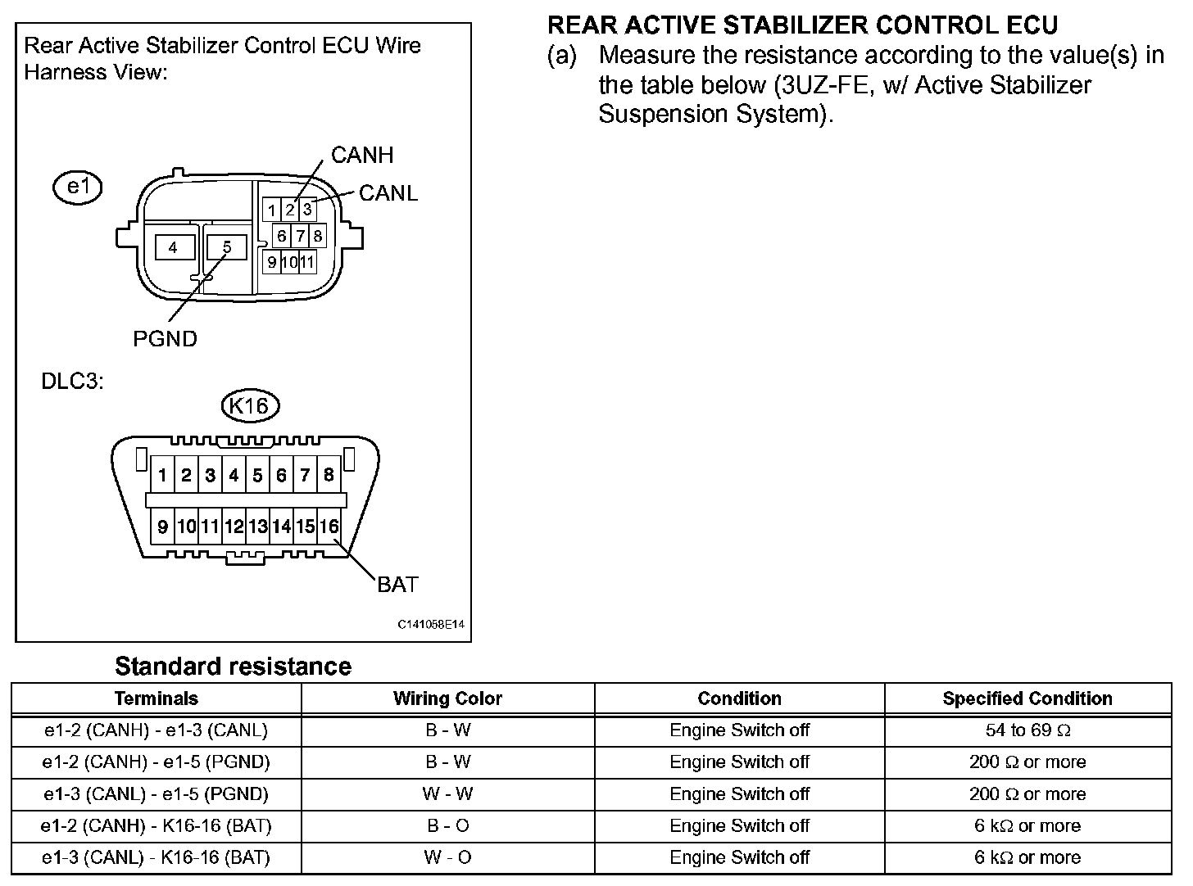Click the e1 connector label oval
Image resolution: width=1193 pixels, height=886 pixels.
77,188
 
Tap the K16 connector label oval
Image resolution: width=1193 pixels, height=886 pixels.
250,405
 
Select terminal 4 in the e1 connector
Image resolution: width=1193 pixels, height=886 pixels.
173,247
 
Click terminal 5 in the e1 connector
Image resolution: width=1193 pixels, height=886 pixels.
227,247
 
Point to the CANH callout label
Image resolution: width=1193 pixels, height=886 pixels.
362,155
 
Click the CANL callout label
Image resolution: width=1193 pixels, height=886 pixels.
388,193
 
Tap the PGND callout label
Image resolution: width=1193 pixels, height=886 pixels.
165,338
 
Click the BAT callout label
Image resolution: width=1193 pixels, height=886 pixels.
397,584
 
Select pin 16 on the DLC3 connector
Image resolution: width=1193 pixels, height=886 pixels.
329,527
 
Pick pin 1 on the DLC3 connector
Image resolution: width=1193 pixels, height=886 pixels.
163,475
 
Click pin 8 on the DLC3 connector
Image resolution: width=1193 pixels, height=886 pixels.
329,475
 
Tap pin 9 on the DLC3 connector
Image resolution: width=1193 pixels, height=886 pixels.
162,527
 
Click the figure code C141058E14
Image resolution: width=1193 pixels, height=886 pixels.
431,624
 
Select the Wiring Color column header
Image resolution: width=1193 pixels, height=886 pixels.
447,698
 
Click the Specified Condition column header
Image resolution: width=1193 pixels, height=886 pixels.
1027,698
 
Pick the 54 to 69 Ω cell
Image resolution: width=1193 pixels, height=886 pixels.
1027,730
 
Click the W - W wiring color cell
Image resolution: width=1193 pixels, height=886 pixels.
447,793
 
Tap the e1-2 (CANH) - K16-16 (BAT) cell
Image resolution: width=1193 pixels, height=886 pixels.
156,825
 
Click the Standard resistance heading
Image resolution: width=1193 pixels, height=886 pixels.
233,667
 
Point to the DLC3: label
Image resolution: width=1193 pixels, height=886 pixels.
73,382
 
